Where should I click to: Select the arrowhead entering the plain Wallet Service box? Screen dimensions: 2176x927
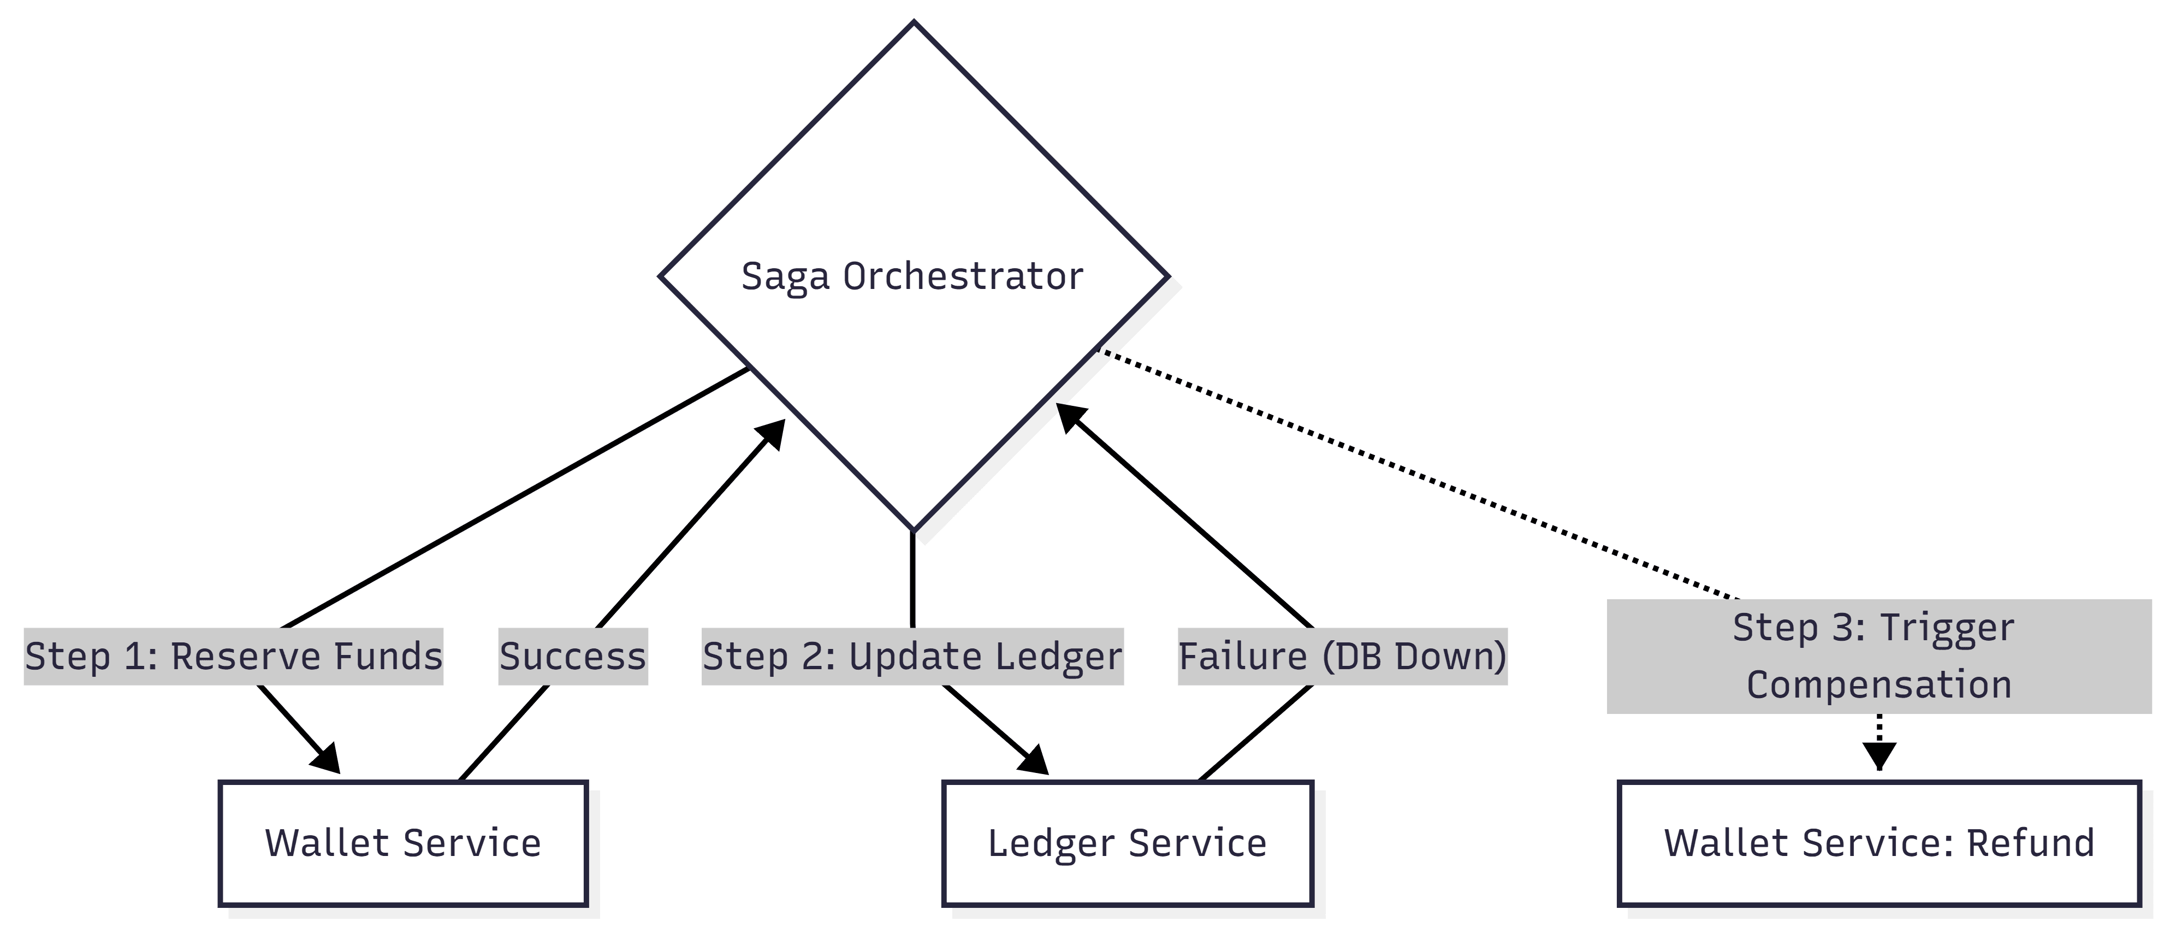tap(325, 758)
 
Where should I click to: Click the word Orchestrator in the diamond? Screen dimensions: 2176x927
tap(963, 276)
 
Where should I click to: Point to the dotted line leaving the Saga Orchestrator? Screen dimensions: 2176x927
tap(1418, 475)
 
